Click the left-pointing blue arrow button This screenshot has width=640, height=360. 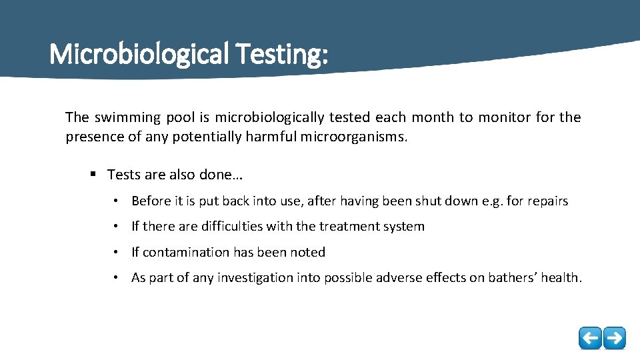[590, 338]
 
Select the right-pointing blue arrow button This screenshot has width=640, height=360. [615, 338]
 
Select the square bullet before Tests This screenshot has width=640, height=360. [94, 175]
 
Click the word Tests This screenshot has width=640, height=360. [123, 175]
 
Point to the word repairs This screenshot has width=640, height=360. [548, 201]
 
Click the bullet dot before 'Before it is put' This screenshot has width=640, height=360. [116, 201]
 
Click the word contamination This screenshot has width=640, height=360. [186, 252]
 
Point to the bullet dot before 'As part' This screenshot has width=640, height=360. [116, 277]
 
